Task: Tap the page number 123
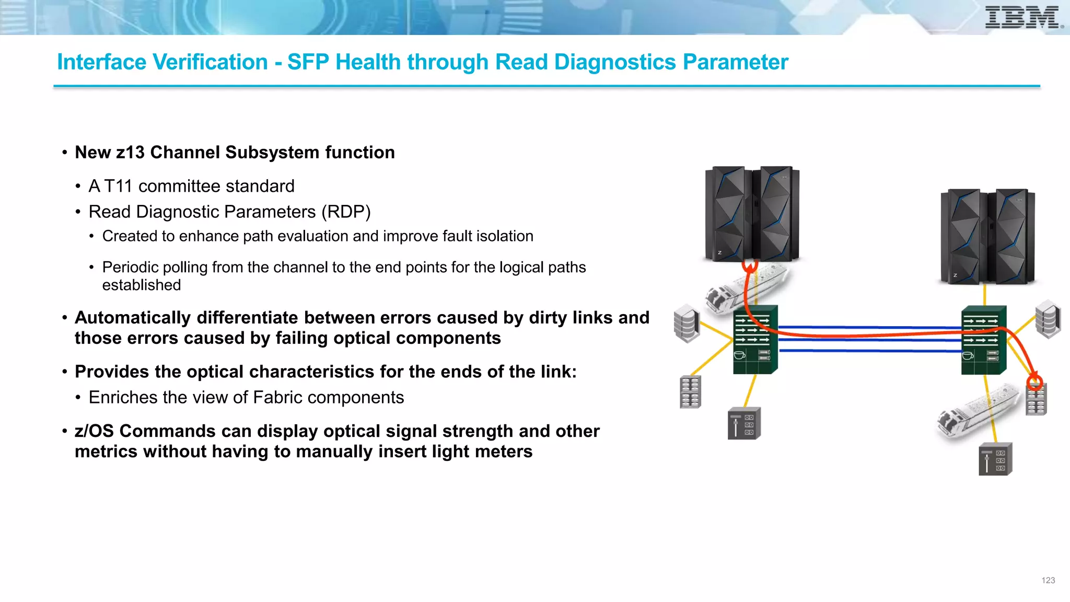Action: [1048, 580]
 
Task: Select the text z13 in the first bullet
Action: [130, 153]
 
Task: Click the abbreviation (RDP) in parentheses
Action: [345, 212]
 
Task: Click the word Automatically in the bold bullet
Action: [133, 318]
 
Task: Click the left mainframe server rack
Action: [752, 214]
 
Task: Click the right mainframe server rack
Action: [987, 236]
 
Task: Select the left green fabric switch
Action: [755, 340]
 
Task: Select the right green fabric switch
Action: [983, 340]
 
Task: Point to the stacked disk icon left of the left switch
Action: [687, 323]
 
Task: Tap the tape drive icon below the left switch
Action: [744, 423]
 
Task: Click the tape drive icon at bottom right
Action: [995, 459]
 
